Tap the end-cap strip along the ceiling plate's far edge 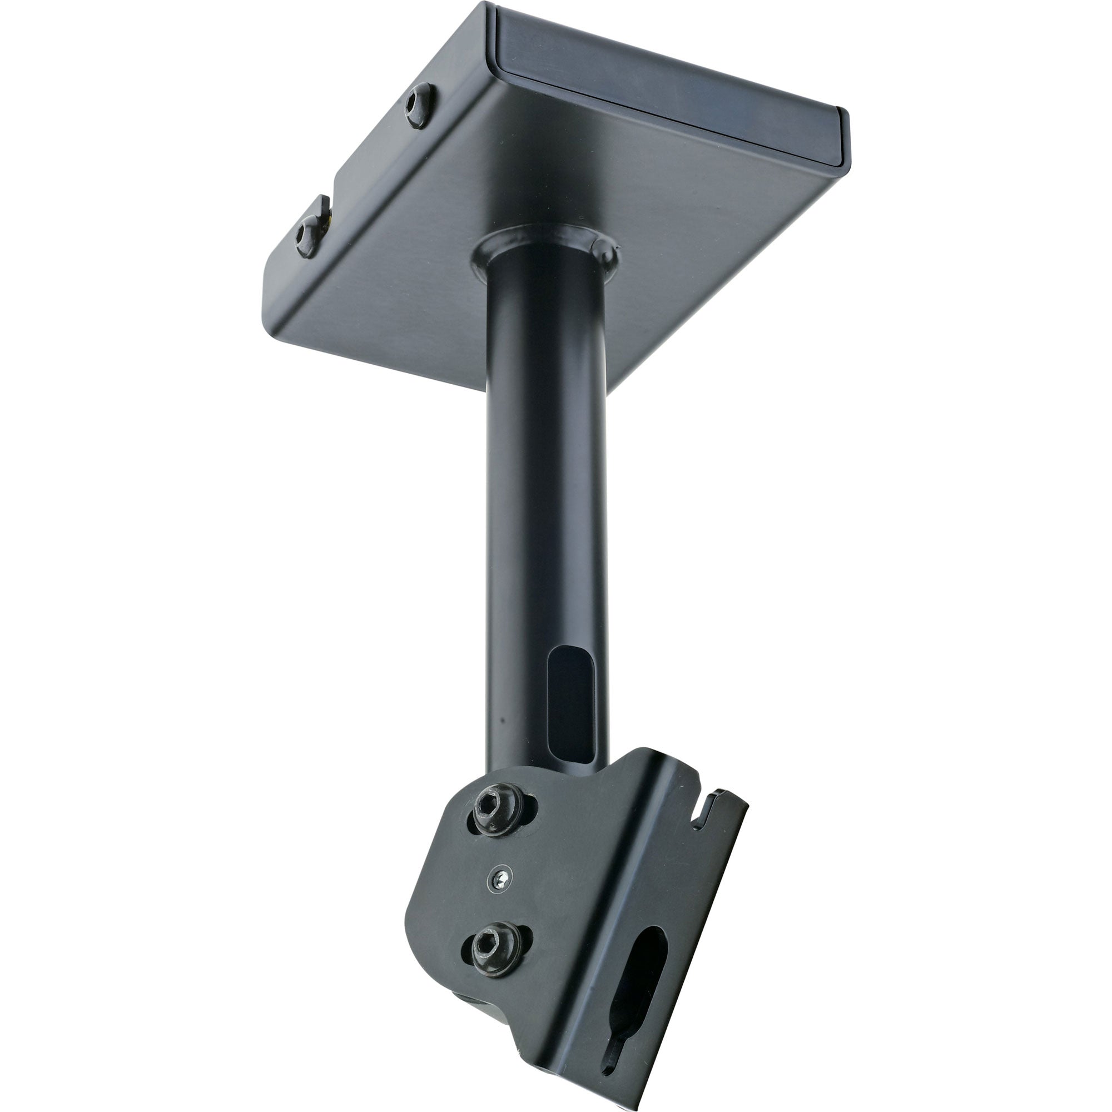click(x=668, y=86)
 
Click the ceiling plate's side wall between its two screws click(x=369, y=167)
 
